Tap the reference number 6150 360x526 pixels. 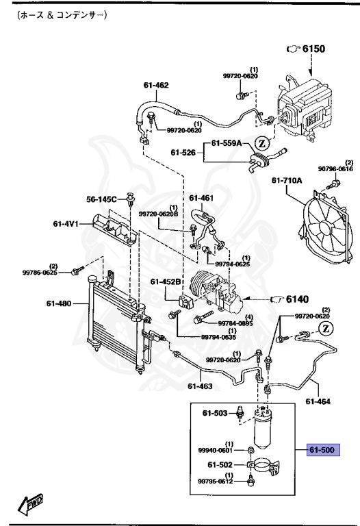pyautogui.click(x=315, y=50)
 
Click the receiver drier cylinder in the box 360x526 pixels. pyautogui.click(x=263, y=429)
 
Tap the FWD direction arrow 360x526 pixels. pyautogui.click(x=31, y=505)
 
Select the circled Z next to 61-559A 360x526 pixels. pyautogui.click(x=260, y=143)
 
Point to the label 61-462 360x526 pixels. pyautogui.click(x=155, y=86)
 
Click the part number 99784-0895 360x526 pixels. pyautogui.click(x=235, y=323)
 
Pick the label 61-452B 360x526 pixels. pyautogui.click(x=166, y=281)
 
